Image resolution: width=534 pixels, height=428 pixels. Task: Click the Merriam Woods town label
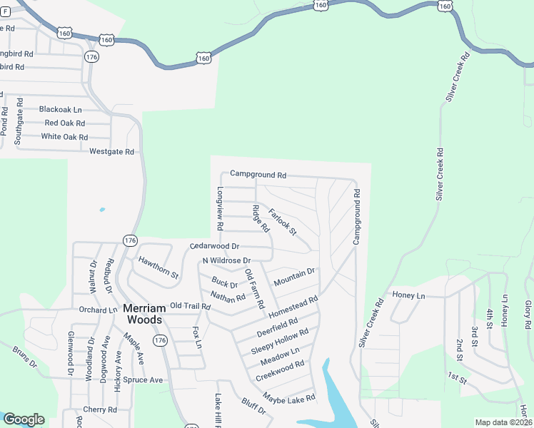pyautogui.click(x=145, y=314)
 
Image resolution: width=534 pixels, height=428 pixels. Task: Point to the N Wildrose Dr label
pyautogui.click(x=227, y=260)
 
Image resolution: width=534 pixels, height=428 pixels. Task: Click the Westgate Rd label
pyautogui.click(x=112, y=152)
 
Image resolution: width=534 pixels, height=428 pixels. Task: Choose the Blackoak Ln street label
pyautogui.click(x=61, y=110)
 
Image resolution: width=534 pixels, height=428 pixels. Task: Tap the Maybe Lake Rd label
pyautogui.click(x=288, y=397)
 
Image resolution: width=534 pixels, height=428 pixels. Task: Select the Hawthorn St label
pyautogui.click(x=158, y=267)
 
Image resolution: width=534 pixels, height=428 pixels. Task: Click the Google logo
pyautogui.click(x=24, y=419)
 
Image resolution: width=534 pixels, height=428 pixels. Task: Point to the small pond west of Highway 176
pyautogui.click(x=102, y=210)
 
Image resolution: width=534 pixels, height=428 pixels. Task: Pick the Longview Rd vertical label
pyautogui.click(x=220, y=208)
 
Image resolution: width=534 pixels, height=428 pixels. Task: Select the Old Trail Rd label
pyautogui.click(x=191, y=306)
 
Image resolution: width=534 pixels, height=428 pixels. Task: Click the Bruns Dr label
pyautogui.click(x=24, y=356)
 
